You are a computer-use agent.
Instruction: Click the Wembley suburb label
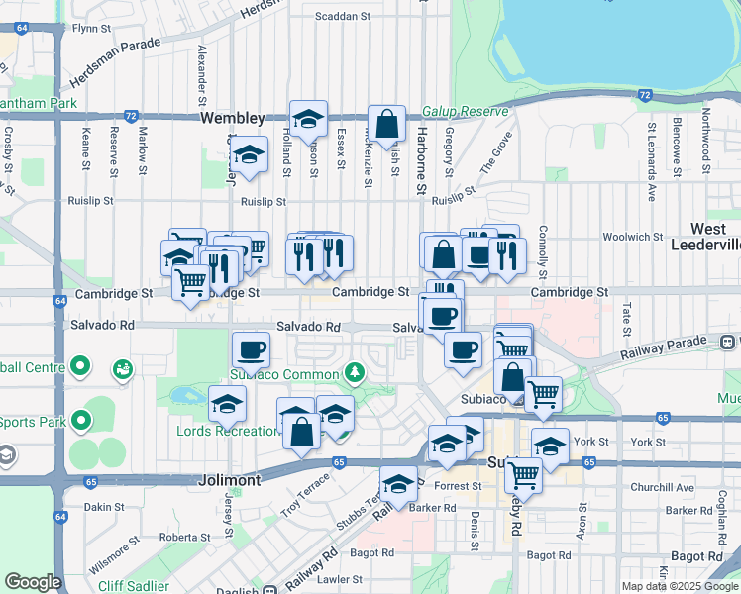point(233,117)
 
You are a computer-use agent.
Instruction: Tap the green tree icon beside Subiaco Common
point(353,372)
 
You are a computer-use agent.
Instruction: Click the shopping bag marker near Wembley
point(387,125)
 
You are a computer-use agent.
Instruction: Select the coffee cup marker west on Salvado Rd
point(251,349)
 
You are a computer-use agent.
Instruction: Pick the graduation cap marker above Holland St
point(309,119)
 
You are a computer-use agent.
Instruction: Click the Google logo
point(34,582)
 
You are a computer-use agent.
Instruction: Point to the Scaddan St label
point(342,16)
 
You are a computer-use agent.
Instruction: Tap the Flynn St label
point(89,29)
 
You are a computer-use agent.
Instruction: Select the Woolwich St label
point(631,237)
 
